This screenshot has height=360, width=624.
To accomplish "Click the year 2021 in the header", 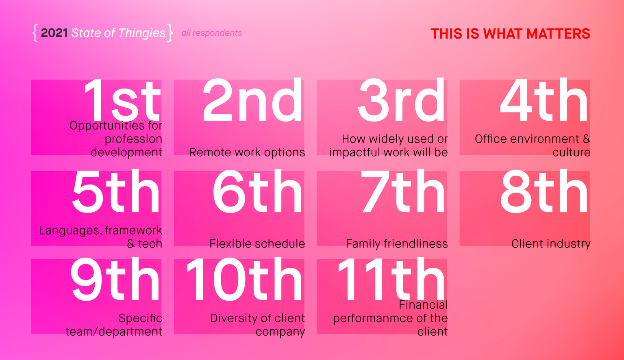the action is pyautogui.click(x=54, y=33).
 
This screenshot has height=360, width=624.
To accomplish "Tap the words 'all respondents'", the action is pyautogui.click(x=212, y=33).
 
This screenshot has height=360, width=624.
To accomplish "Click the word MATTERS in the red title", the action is pyautogui.click(x=558, y=34).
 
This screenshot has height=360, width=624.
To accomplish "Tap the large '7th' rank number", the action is pyautogui.click(x=403, y=191).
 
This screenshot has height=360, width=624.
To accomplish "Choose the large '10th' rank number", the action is pyautogui.click(x=244, y=279).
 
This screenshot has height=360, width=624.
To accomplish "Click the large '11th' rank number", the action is pyautogui.click(x=391, y=279).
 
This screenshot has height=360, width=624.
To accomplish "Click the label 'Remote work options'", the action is pyautogui.click(x=247, y=153).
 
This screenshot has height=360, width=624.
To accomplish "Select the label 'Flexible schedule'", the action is pyautogui.click(x=257, y=244).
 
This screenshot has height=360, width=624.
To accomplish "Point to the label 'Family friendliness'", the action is pyautogui.click(x=397, y=244).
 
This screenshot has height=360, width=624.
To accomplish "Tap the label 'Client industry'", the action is pyautogui.click(x=551, y=244).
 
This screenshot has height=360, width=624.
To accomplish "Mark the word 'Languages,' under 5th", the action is pyautogui.click(x=71, y=231).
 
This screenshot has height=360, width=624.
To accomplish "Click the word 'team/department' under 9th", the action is pyautogui.click(x=114, y=332).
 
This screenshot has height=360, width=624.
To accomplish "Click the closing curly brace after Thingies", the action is pyautogui.click(x=170, y=33).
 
